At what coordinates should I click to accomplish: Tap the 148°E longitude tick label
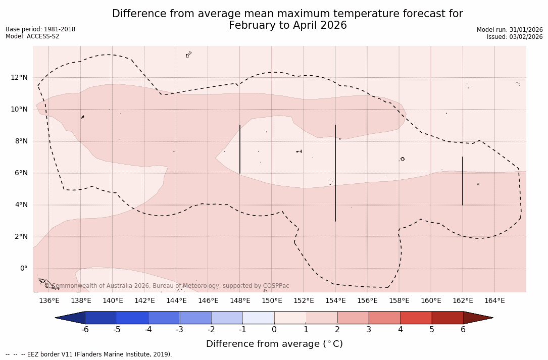[240, 301]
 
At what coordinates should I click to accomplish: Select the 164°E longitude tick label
[494, 301]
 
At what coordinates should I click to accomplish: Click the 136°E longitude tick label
[49, 301]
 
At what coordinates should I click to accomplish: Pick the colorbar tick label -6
[85, 330]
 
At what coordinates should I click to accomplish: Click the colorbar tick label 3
[369, 330]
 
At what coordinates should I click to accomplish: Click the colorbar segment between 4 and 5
[416, 318]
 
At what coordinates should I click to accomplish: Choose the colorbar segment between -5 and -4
[132, 318]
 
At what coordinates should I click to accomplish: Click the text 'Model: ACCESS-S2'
[32, 36]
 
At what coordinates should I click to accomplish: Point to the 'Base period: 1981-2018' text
[40, 29]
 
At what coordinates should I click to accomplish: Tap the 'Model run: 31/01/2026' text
[510, 30]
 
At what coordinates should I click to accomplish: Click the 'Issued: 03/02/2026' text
[515, 37]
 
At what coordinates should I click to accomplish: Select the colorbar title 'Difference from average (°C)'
[274, 344]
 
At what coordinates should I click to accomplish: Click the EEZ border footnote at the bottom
[89, 354]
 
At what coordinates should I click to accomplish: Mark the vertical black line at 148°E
[240, 149]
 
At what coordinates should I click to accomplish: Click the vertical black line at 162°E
[463, 181]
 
